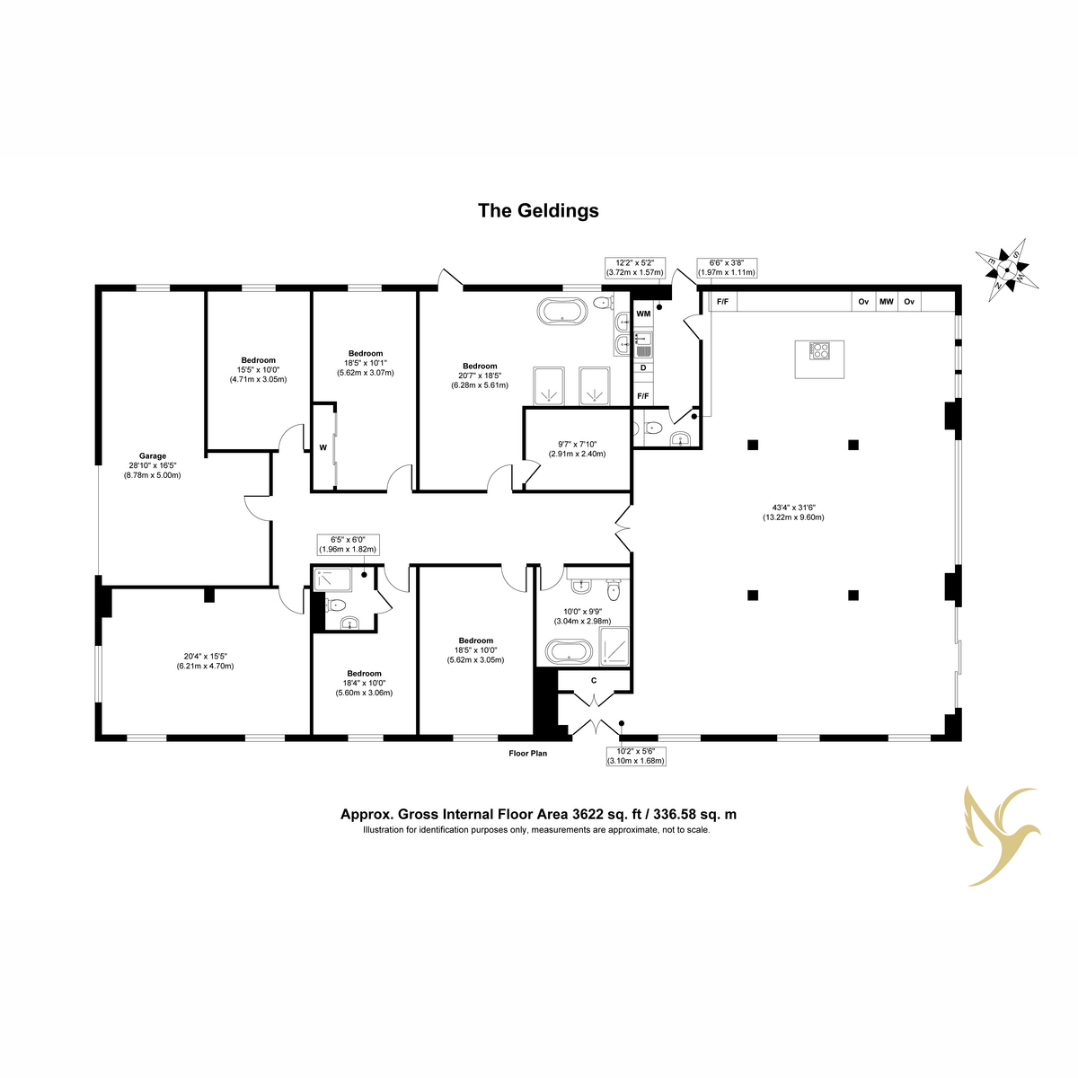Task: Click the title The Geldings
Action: click(538, 211)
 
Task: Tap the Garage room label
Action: click(152, 456)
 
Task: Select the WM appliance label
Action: click(643, 314)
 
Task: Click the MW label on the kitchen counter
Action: click(886, 302)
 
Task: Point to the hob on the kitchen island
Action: click(819, 350)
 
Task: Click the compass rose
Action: click(1007, 270)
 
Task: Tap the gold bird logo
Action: click(1001, 837)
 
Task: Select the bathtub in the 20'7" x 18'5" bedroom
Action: click(562, 311)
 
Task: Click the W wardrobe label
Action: click(323, 447)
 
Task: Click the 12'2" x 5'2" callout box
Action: click(635, 268)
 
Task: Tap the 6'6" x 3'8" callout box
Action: click(727, 268)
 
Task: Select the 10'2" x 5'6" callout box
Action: click(636, 755)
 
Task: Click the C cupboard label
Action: click(594, 680)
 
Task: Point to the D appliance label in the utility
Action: click(643, 367)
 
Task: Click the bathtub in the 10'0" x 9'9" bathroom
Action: click(569, 652)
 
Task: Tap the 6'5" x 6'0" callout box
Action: click(348, 545)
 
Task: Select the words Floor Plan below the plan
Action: click(527, 754)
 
